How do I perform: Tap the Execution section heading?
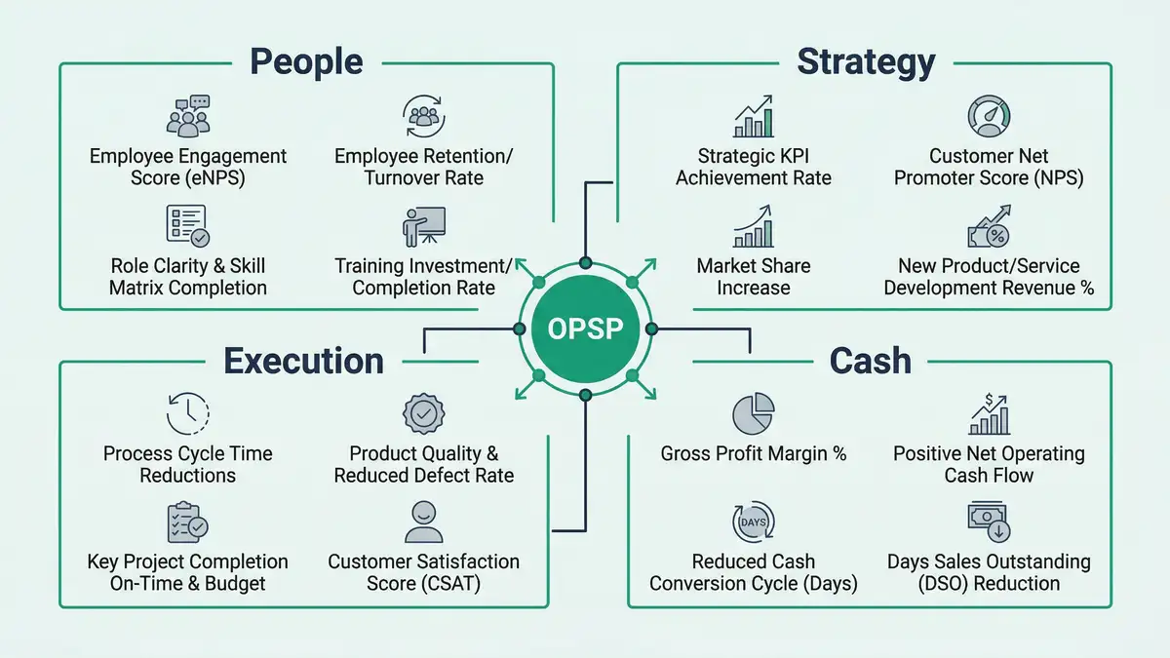pyautogui.click(x=303, y=361)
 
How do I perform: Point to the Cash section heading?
pyautogui.click(x=870, y=361)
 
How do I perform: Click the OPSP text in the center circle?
pyautogui.click(x=586, y=329)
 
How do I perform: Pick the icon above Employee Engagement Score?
pyautogui.click(x=188, y=116)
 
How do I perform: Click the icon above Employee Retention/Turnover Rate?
pyautogui.click(x=423, y=116)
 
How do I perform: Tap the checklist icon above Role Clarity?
pyautogui.click(x=186, y=225)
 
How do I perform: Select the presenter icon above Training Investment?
pyautogui.click(x=423, y=226)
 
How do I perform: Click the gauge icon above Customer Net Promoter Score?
pyautogui.click(x=988, y=116)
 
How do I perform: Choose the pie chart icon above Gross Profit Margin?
pyautogui.click(x=753, y=414)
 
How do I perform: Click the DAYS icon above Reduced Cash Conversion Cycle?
pyautogui.click(x=753, y=523)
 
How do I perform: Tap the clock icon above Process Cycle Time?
pyautogui.click(x=188, y=414)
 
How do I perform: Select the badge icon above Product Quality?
pyautogui.click(x=423, y=414)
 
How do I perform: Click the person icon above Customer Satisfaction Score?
pyautogui.click(x=423, y=523)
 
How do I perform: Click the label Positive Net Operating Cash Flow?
pyautogui.click(x=989, y=465)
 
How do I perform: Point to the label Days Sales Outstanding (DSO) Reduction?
pyautogui.click(x=989, y=573)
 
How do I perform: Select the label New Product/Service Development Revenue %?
pyautogui.click(x=989, y=277)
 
